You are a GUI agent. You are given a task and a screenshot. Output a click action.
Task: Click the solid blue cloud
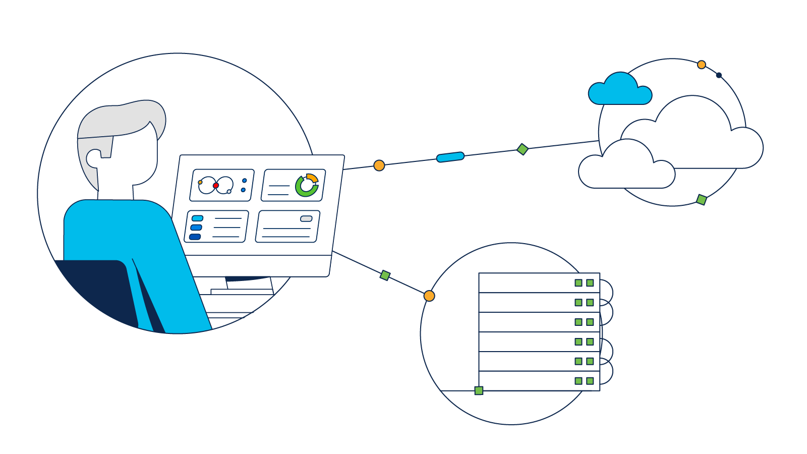(620, 91)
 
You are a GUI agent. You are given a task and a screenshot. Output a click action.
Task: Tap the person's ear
(94, 158)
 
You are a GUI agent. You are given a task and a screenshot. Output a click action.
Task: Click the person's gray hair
(121, 119)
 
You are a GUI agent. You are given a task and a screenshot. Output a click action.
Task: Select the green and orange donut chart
(307, 186)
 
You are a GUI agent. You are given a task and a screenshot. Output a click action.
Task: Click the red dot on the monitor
(216, 186)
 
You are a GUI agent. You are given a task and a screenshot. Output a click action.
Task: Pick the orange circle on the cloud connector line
(379, 165)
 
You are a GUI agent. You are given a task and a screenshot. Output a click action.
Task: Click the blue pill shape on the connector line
(450, 157)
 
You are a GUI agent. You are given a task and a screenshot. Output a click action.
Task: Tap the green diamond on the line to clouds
(523, 149)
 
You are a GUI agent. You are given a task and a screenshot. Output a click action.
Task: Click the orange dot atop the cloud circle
(701, 65)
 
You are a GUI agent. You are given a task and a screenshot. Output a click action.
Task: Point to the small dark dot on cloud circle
(719, 75)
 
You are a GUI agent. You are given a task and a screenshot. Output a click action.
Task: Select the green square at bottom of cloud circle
(701, 200)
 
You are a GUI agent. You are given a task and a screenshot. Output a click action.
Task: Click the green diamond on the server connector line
(385, 275)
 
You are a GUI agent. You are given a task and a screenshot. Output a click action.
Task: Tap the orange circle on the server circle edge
(429, 296)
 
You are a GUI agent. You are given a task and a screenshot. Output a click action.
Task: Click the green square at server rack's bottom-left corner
(479, 390)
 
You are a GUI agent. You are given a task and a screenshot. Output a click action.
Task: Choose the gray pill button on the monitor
(306, 218)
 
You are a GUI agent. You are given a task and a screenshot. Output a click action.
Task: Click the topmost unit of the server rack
(525, 283)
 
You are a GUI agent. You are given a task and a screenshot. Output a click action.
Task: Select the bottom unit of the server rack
(525, 381)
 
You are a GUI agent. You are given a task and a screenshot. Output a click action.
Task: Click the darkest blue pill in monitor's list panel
(195, 237)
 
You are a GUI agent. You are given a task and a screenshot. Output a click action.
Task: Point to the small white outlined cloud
(625, 169)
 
